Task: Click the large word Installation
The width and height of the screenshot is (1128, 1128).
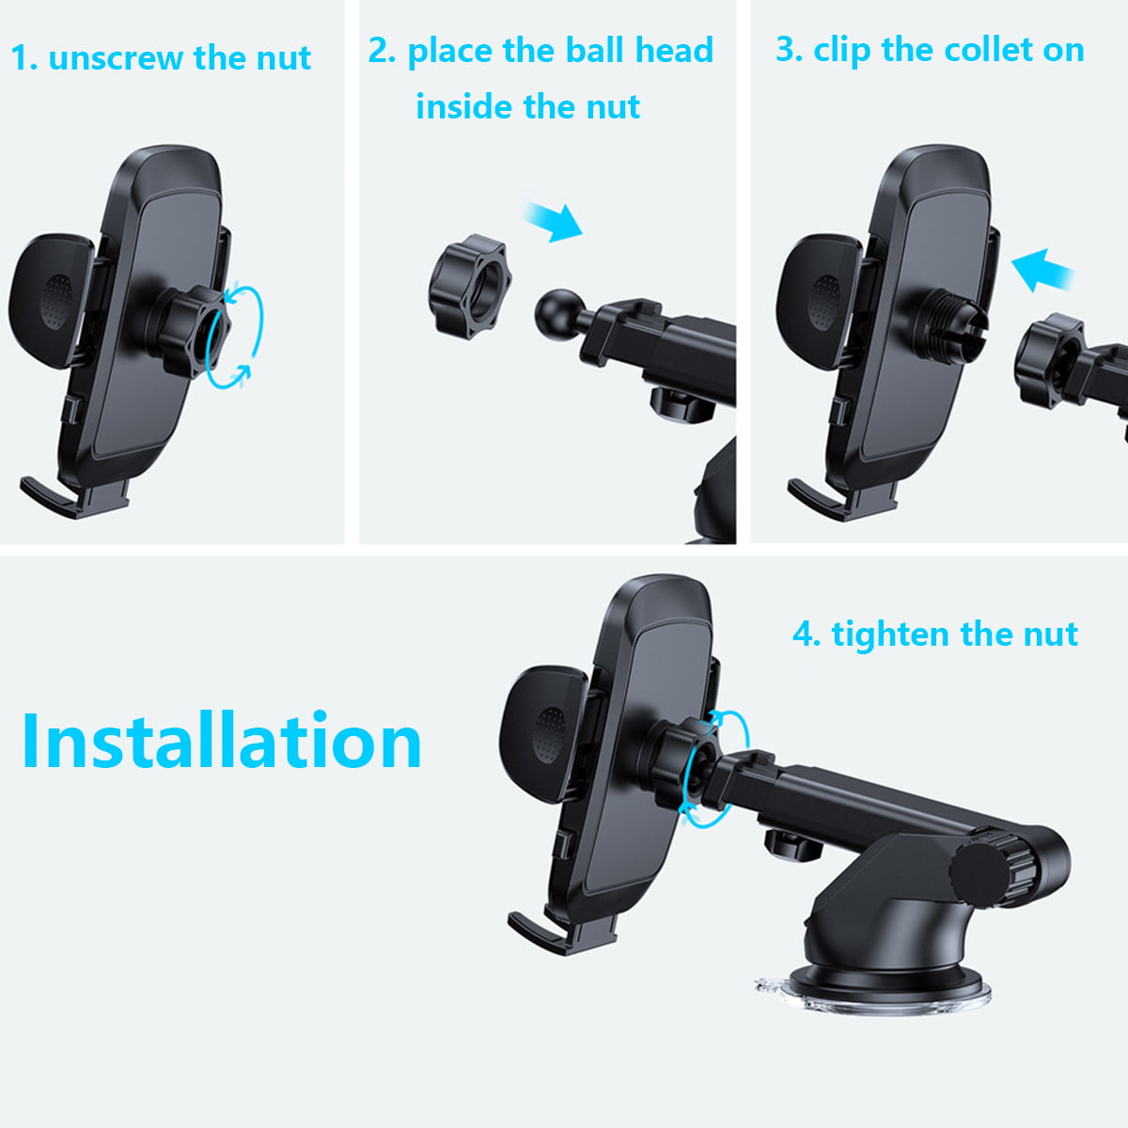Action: click(221, 741)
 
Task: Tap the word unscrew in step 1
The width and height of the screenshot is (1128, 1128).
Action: click(115, 58)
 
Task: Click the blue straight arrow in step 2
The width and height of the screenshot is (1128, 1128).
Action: click(554, 222)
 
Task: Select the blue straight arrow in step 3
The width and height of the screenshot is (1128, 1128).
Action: click(1042, 270)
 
